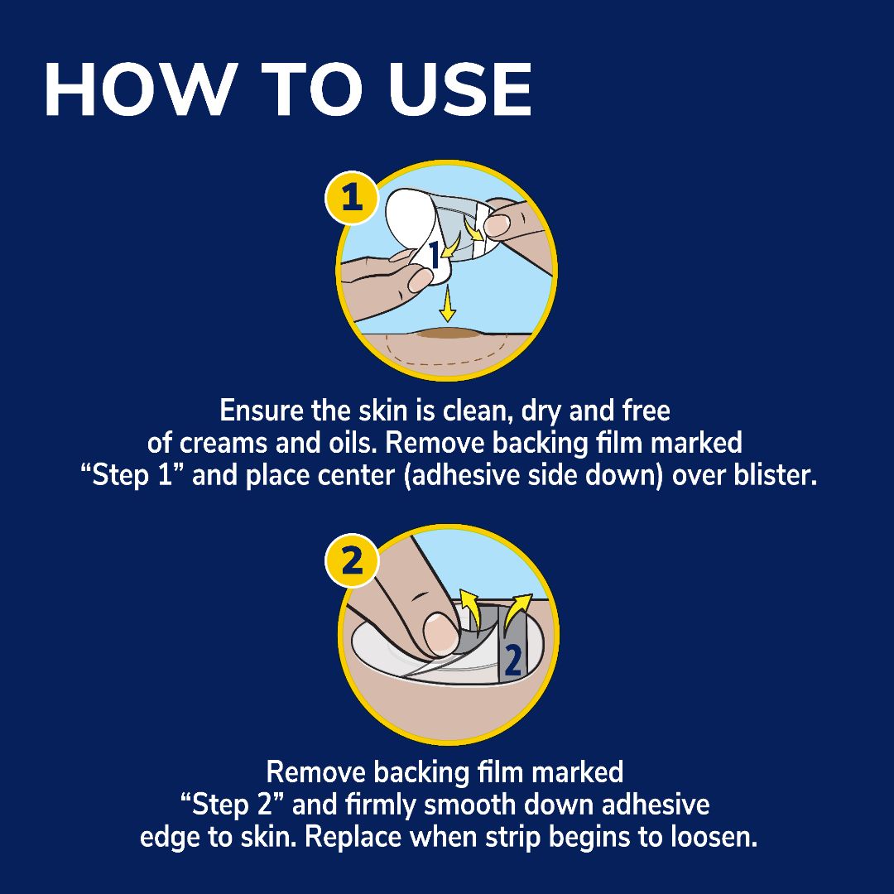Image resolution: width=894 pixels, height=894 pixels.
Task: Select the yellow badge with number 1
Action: point(352,199)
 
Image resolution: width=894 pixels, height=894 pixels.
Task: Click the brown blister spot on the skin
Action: point(447,334)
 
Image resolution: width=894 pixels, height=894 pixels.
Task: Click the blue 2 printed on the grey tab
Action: point(512,660)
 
